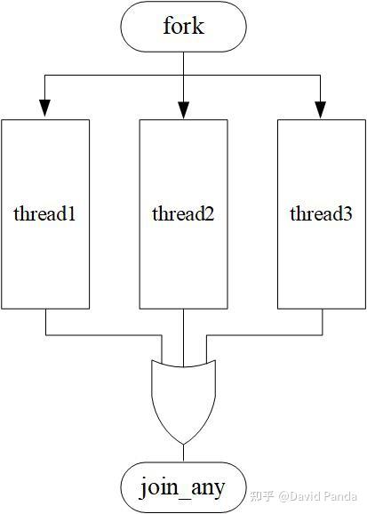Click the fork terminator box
(x=183, y=27)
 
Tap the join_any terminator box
(x=183, y=486)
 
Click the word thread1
(x=45, y=213)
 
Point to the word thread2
(x=183, y=213)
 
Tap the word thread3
(x=321, y=213)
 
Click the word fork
(x=183, y=26)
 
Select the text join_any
(x=183, y=486)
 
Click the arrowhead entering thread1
(x=45, y=109)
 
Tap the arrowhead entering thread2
(x=183, y=109)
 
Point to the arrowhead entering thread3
(x=321, y=109)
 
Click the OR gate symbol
(x=183, y=396)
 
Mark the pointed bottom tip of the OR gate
(x=183, y=442)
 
